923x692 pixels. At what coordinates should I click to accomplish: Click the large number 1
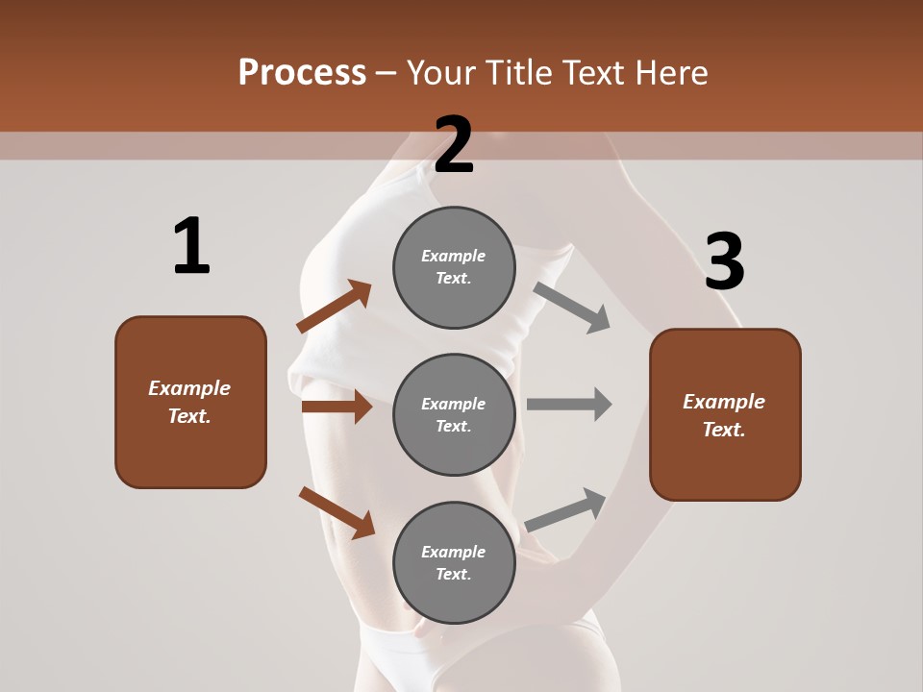[x=191, y=247]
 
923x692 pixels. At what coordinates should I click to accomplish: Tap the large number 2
[x=454, y=146]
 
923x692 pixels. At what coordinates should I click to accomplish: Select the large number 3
[x=724, y=261]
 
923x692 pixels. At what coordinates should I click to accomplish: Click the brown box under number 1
[x=190, y=402]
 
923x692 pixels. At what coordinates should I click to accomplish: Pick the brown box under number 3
[x=725, y=414]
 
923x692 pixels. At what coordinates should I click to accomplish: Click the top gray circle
[x=454, y=267]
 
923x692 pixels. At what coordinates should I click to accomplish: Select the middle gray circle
[x=454, y=414]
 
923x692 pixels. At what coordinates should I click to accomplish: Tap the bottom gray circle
[x=454, y=562]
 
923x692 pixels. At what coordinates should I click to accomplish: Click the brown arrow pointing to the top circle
[x=335, y=307]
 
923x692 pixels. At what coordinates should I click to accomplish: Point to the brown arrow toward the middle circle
[x=337, y=407]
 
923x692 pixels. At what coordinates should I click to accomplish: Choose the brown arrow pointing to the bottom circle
[x=337, y=512]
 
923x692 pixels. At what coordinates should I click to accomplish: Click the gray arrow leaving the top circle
[x=572, y=308]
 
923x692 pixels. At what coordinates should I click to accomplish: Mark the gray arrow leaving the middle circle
[x=569, y=404]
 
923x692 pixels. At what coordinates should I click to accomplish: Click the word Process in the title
[x=302, y=73]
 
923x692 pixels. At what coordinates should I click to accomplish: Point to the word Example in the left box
[x=189, y=388]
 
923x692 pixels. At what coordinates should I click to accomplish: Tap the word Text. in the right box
[x=724, y=430]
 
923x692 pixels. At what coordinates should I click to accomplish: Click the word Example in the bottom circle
[x=454, y=552]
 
